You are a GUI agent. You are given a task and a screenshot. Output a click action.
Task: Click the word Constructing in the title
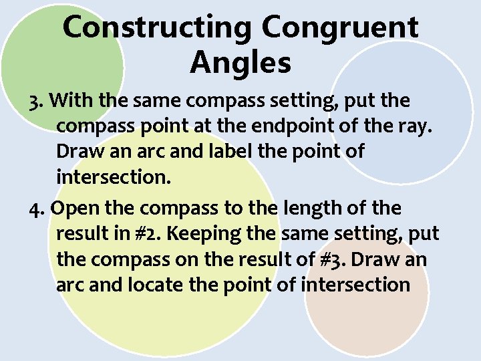[x=158, y=28]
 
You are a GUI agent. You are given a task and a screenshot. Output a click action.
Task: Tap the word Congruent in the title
[x=340, y=28]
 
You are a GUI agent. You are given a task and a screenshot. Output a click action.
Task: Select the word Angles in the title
[x=240, y=64]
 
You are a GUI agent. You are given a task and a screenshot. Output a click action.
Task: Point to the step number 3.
[x=37, y=102]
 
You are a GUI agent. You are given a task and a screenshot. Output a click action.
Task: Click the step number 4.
[x=37, y=209]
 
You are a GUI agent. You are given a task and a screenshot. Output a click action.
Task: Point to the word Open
[x=73, y=209]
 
